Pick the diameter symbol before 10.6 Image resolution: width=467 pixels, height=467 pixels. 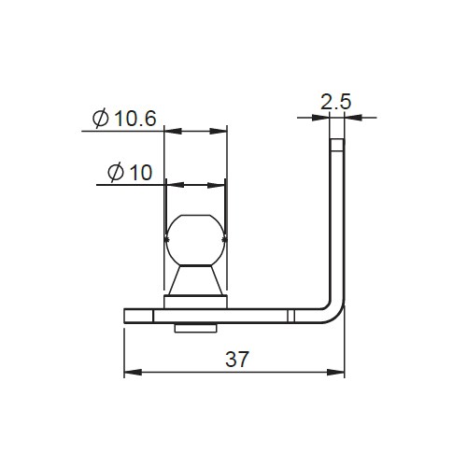(x=100, y=119)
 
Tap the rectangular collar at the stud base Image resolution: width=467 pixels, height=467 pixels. (x=196, y=301)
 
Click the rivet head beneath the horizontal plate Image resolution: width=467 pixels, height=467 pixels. (x=196, y=327)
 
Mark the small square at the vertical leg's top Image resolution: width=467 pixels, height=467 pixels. (x=336, y=145)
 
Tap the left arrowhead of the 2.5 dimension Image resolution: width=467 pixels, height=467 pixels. (x=323, y=118)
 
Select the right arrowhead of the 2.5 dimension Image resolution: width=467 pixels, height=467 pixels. (x=349, y=118)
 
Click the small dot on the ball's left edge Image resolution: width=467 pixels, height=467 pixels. (x=165, y=241)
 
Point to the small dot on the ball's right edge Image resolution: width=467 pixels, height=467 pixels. (x=226, y=241)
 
